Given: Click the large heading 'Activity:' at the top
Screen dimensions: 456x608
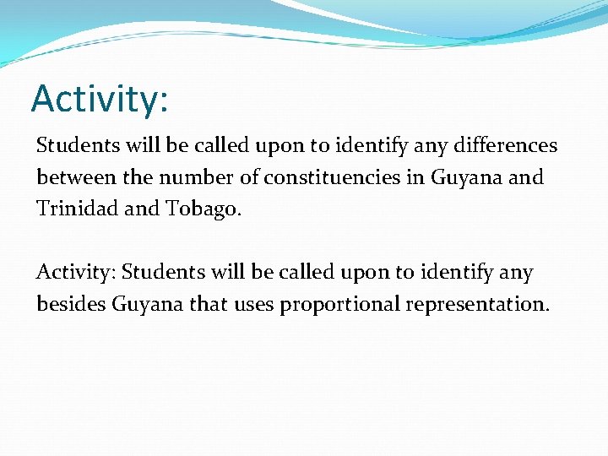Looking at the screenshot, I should tap(100, 99).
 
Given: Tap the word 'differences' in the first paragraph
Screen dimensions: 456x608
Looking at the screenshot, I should tap(505, 145).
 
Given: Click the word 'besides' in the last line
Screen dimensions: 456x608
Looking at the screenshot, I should tap(71, 304).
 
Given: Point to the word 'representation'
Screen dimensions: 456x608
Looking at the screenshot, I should tap(477, 304).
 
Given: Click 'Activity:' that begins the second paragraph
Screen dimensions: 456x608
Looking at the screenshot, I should tap(76, 273).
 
